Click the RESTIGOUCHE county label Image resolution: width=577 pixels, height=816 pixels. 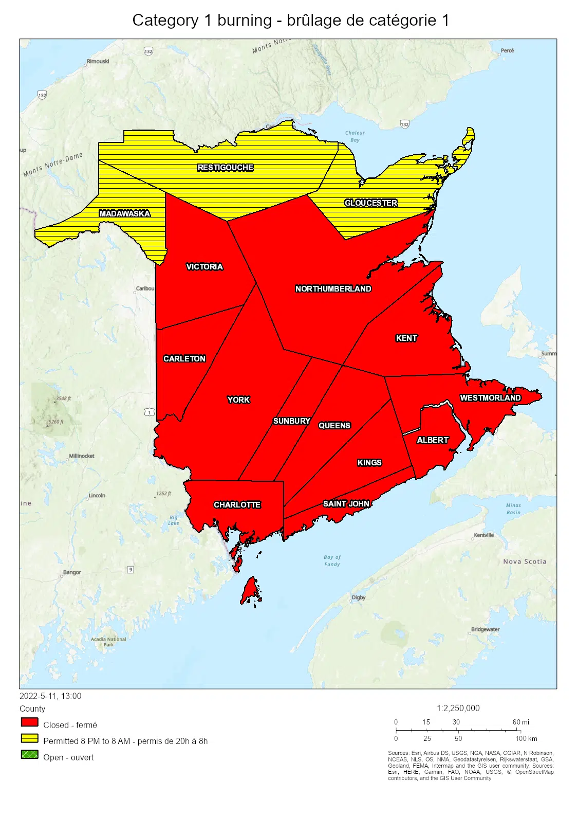pyautogui.click(x=225, y=168)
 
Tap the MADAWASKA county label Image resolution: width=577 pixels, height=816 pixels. pyautogui.click(x=125, y=214)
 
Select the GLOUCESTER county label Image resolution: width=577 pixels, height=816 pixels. pyautogui.click(x=370, y=203)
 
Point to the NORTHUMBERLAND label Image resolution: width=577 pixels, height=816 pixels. pyautogui.click(x=333, y=289)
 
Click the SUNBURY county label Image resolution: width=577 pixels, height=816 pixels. pyautogui.click(x=291, y=421)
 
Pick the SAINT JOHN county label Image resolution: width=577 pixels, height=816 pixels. pyautogui.click(x=346, y=504)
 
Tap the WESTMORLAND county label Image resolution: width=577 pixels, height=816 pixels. pyautogui.click(x=490, y=398)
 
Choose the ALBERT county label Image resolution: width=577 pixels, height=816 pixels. pyautogui.click(x=432, y=440)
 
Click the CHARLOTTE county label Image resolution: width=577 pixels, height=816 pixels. pyautogui.click(x=237, y=505)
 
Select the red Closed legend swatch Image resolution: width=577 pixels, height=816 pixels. pyautogui.click(x=30, y=722)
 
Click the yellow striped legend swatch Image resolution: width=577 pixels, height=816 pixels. pyautogui.click(x=30, y=738)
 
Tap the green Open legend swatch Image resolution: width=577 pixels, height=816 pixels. pyautogui.click(x=30, y=754)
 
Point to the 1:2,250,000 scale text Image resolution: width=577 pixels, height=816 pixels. pyautogui.click(x=458, y=708)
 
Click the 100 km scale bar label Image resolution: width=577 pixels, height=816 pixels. pyautogui.click(x=526, y=739)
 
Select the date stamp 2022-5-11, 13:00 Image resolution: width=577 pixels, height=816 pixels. pyautogui.click(x=50, y=696)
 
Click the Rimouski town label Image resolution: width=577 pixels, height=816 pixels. pyautogui.click(x=98, y=61)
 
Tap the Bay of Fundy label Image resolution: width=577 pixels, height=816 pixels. pyautogui.click(x=332, y=560)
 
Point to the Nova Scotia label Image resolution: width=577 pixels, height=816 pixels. pyautogui.click(x=524, y=561)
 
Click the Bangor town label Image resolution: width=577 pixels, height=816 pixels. pyautogui.click(x=72, y=572)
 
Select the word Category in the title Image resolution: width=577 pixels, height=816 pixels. pyautogui.click(x=165, y=21)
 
